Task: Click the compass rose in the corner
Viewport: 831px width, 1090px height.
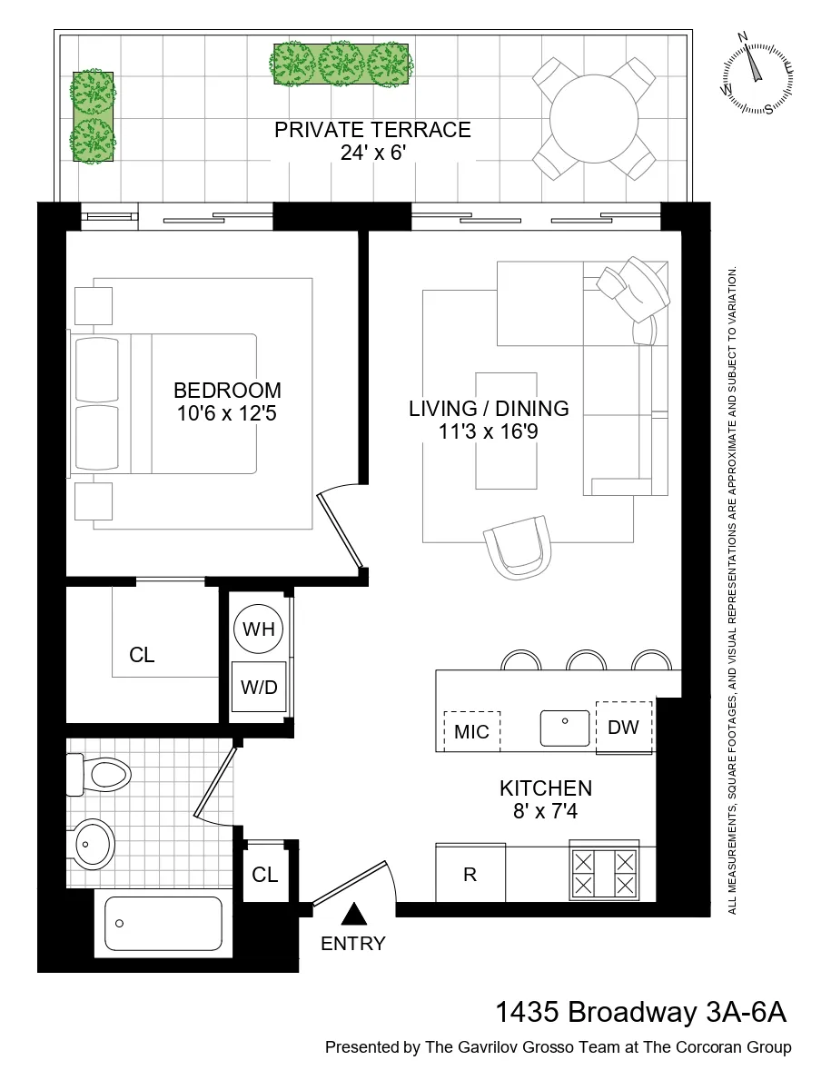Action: coord(757,75)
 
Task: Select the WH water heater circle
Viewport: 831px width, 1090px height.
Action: coord(259,629)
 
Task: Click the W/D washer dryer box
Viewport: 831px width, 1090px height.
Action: coord(259,688)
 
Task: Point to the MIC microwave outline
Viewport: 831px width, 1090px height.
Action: coord(471,731)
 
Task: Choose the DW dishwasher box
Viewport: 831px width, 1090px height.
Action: coord(623,727)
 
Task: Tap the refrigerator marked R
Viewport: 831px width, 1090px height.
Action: coord(470,874)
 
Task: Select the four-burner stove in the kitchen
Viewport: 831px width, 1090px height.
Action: coord(603,872)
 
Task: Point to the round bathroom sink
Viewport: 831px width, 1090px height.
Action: coord(92,844)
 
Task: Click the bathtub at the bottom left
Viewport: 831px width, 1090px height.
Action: coord(163,924)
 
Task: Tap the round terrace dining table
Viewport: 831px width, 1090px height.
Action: coord(594,119)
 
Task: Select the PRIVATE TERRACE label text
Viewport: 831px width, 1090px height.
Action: coord(372,130)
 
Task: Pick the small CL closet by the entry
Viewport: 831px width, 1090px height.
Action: coord(265,874)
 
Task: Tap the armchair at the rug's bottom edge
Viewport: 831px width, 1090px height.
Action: coord(519,547)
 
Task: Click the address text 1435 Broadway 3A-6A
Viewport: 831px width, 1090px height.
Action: coord(639,1012)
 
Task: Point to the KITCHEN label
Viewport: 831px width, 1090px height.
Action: coord(546,788)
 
